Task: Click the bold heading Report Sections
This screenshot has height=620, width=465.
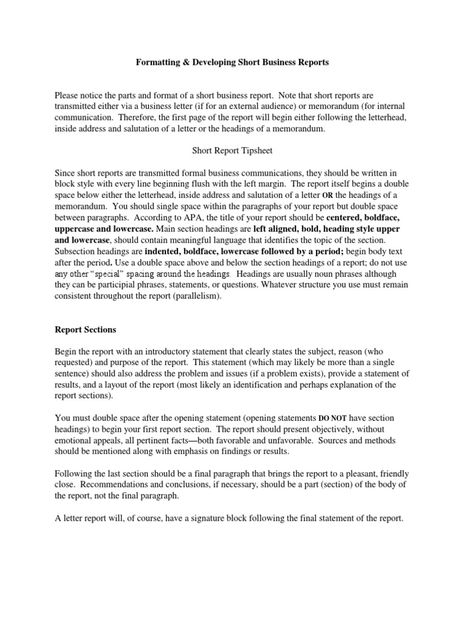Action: pyautogui.click(x=85, y=331)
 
